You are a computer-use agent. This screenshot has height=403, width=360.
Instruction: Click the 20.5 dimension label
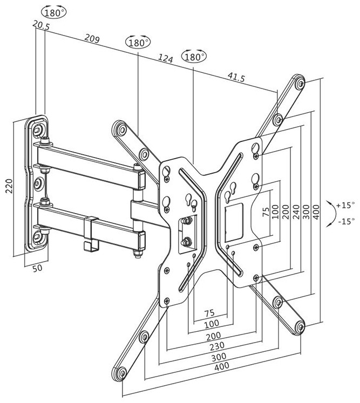[x=41, y=25]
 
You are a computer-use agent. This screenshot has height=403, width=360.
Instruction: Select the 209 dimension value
[x=92, y=38]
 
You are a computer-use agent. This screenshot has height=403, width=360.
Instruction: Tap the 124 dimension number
[x=165, y=58]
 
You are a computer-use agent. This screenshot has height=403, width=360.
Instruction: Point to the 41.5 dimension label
[x=236, y=77]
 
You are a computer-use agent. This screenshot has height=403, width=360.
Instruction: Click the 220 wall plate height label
[x=9, y=186]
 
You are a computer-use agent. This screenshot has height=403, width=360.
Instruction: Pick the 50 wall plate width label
[x=38, y=268]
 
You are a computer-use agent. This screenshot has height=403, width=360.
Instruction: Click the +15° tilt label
[x=345, y=205]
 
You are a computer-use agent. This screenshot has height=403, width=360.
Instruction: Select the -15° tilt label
[x=346, y=221]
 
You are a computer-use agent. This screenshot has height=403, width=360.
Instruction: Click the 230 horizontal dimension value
[x=217, y=346]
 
